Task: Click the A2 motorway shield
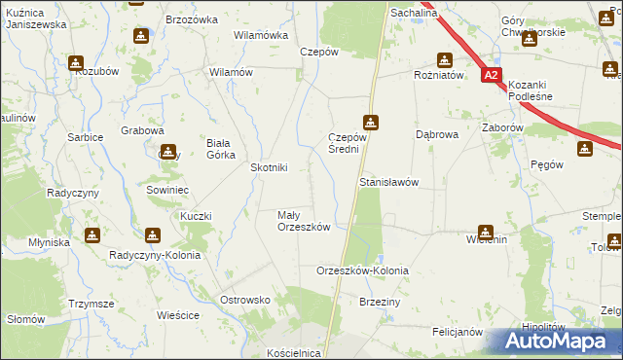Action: click(493, 75)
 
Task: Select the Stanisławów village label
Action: click(388, 183)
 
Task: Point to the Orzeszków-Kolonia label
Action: click(363, 270)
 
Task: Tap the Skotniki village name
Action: click(269, 167)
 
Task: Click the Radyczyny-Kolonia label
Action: click(162, 255)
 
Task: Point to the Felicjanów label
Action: click(458, 332)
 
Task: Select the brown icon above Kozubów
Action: click(76, 63)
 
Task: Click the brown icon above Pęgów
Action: click(584, 149)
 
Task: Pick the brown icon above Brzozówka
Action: click(141, 36)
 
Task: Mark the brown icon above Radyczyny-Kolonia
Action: click(153, 234)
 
